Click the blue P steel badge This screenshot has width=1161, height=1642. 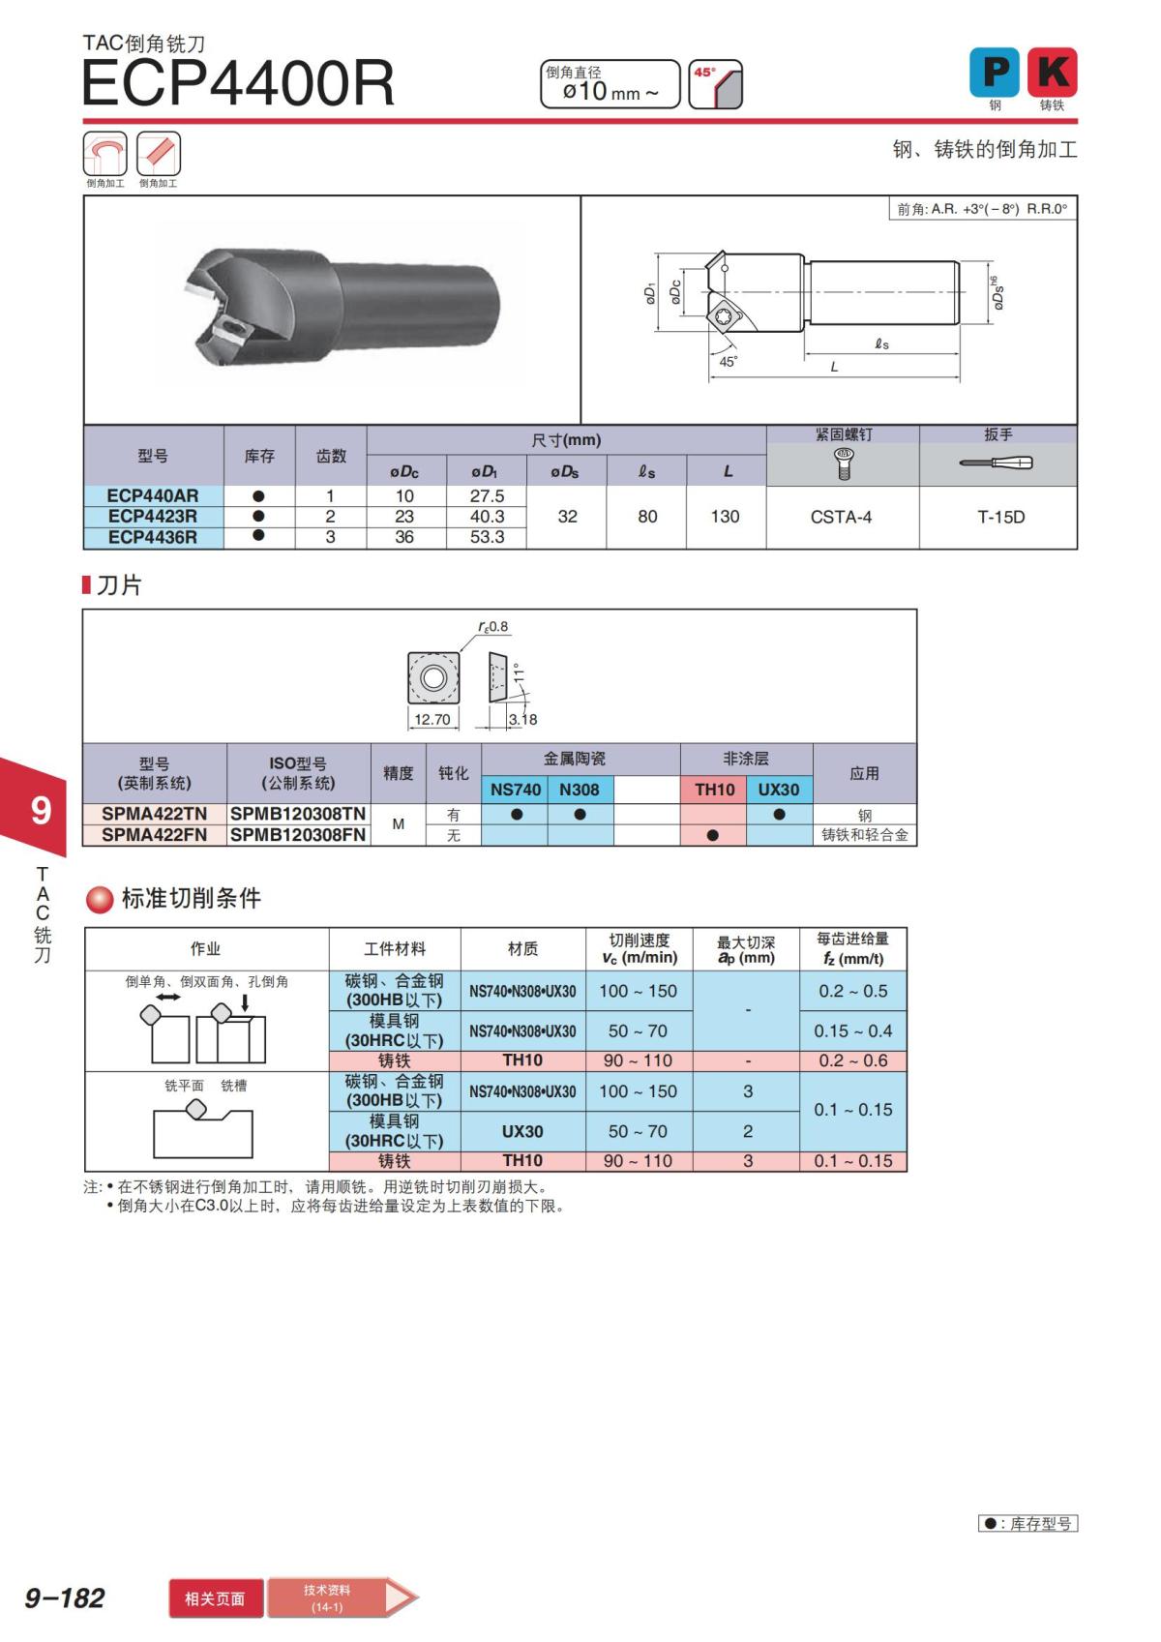pos(994,72)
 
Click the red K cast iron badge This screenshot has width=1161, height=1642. pos(1052,72)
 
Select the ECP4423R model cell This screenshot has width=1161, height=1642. pos(153,516)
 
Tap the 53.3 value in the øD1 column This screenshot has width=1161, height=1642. pos(487,537)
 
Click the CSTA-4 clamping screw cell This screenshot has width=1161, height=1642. pos(842,517)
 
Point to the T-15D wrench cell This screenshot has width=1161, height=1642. pos(1000,517)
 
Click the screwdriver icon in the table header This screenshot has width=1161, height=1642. pos(997,463)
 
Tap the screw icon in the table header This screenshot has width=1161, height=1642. pos(843,463)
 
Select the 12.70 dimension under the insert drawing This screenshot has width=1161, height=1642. pos(432,719)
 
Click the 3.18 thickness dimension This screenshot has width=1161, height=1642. pos(522,719)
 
